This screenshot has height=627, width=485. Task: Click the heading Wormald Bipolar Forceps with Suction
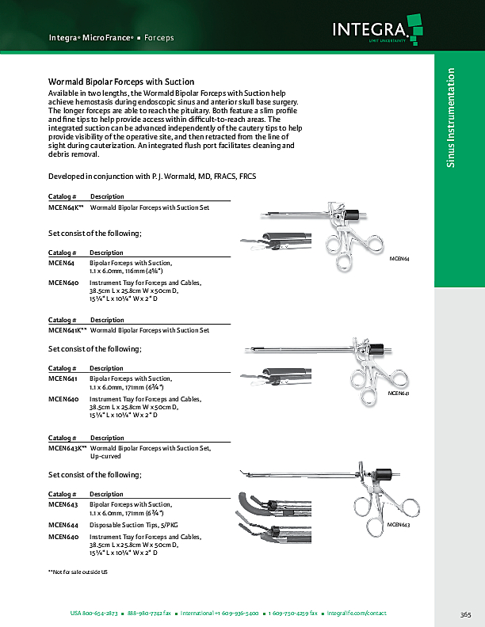pos(121,82)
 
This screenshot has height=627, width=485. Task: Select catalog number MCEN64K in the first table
pos(66,207)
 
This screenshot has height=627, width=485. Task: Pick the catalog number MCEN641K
pos(67,329)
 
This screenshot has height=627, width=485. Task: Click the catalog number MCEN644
pos(63,524)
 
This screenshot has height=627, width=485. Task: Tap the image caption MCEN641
pos(398,393)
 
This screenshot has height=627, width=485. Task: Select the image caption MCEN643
pos(398,525)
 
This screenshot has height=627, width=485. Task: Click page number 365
pos(465,614)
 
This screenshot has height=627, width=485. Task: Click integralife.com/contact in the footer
pos(368,614)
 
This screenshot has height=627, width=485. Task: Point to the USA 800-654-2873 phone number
pos(94,614)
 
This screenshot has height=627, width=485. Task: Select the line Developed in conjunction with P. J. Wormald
pos(151,175)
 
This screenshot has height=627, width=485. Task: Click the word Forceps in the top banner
pos(159,37)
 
